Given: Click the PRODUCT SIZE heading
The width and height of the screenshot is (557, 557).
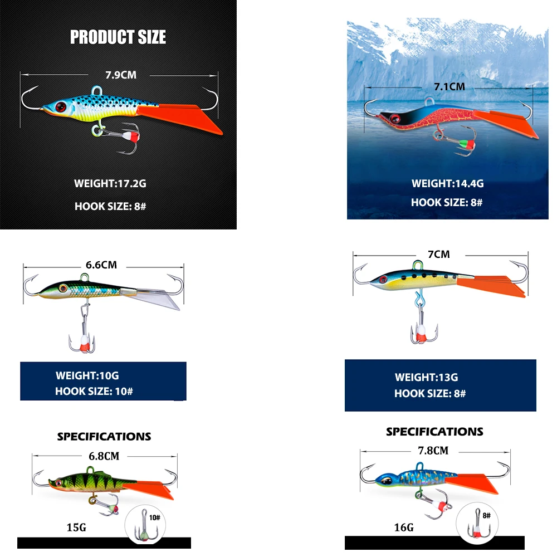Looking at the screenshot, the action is [x=118, y=37].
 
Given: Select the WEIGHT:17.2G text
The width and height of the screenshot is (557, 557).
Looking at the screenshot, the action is [x=110, y=183].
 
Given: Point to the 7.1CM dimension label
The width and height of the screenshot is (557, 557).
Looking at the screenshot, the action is [x=449, y=86].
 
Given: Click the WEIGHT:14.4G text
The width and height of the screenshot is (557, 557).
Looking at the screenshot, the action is [x=447, y=183].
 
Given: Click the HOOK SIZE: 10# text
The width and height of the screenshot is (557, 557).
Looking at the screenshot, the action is [x=94, y=391].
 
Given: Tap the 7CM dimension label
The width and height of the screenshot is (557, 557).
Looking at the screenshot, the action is [x=438, y=255].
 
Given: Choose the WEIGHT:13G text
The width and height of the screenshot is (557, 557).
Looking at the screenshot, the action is [x=427, y=377].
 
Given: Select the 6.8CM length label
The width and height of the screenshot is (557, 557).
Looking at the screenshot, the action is [x=104, y=456].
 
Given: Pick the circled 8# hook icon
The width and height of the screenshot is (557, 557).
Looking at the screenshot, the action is [x=478, y=524].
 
